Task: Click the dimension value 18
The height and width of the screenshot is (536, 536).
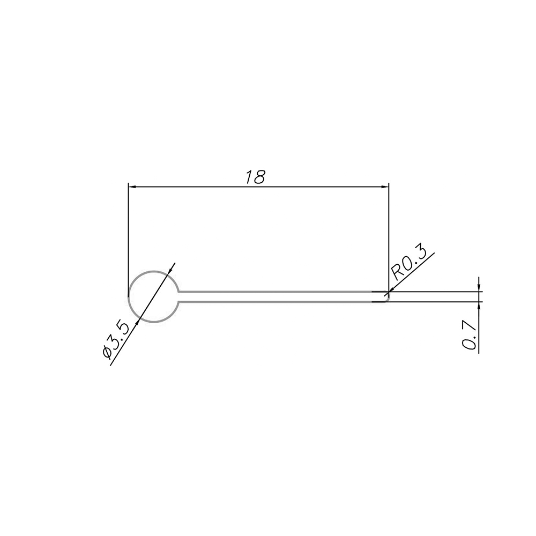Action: tap(255, 177)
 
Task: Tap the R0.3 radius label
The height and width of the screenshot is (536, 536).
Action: tap(409, 262)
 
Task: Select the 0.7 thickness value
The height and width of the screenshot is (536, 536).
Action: tap(470, 334)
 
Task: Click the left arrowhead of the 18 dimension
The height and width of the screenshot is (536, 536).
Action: tap(132, 187)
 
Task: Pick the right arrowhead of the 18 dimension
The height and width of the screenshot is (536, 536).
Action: tap(384, 187)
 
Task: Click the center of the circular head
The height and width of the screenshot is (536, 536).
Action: tap(153, 296)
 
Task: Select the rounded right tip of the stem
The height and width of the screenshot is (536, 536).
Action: tap(388, 297)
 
